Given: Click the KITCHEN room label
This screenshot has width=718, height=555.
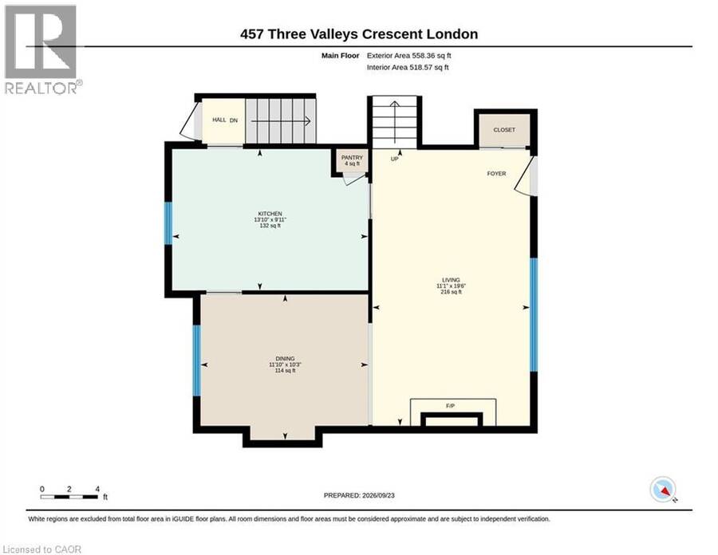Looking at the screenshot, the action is tap(270, 214).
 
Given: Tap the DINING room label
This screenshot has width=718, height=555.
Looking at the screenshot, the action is tap(285, 359).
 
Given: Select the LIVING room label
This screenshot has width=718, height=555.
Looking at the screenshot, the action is tap(451, 280).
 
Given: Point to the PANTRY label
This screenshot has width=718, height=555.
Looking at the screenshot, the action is tap(352, 157).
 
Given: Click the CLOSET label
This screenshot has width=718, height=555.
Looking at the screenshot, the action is tap(504, 130).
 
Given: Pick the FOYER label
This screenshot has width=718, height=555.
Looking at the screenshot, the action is tap(496, 174).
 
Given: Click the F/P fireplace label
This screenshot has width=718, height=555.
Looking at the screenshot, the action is tap(450, 406).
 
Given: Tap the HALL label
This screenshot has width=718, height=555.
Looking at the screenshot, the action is tap(219, 120).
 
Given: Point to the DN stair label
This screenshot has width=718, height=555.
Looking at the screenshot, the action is tap(234, 120).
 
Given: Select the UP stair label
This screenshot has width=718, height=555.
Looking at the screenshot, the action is tap(394, 159).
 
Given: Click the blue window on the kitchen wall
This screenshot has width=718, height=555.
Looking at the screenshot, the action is tap(168, 222).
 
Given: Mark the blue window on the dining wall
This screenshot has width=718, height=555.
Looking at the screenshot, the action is tap(196, 360).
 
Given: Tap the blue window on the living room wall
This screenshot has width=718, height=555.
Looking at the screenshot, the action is tap(534, 315).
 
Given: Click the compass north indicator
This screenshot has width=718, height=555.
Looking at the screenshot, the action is tap(663, 490).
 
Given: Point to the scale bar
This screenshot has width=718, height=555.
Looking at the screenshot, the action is tap(69, 497).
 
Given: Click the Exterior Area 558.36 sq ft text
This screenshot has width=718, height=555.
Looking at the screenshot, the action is tap(409, 56).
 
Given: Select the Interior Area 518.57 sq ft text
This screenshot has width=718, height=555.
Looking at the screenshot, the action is tap(408, 67).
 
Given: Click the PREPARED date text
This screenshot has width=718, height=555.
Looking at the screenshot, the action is tap(359, 495).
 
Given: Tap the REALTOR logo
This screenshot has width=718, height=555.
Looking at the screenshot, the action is tap(42, 49).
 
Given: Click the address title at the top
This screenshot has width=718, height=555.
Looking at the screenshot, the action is tap(359, 34).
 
